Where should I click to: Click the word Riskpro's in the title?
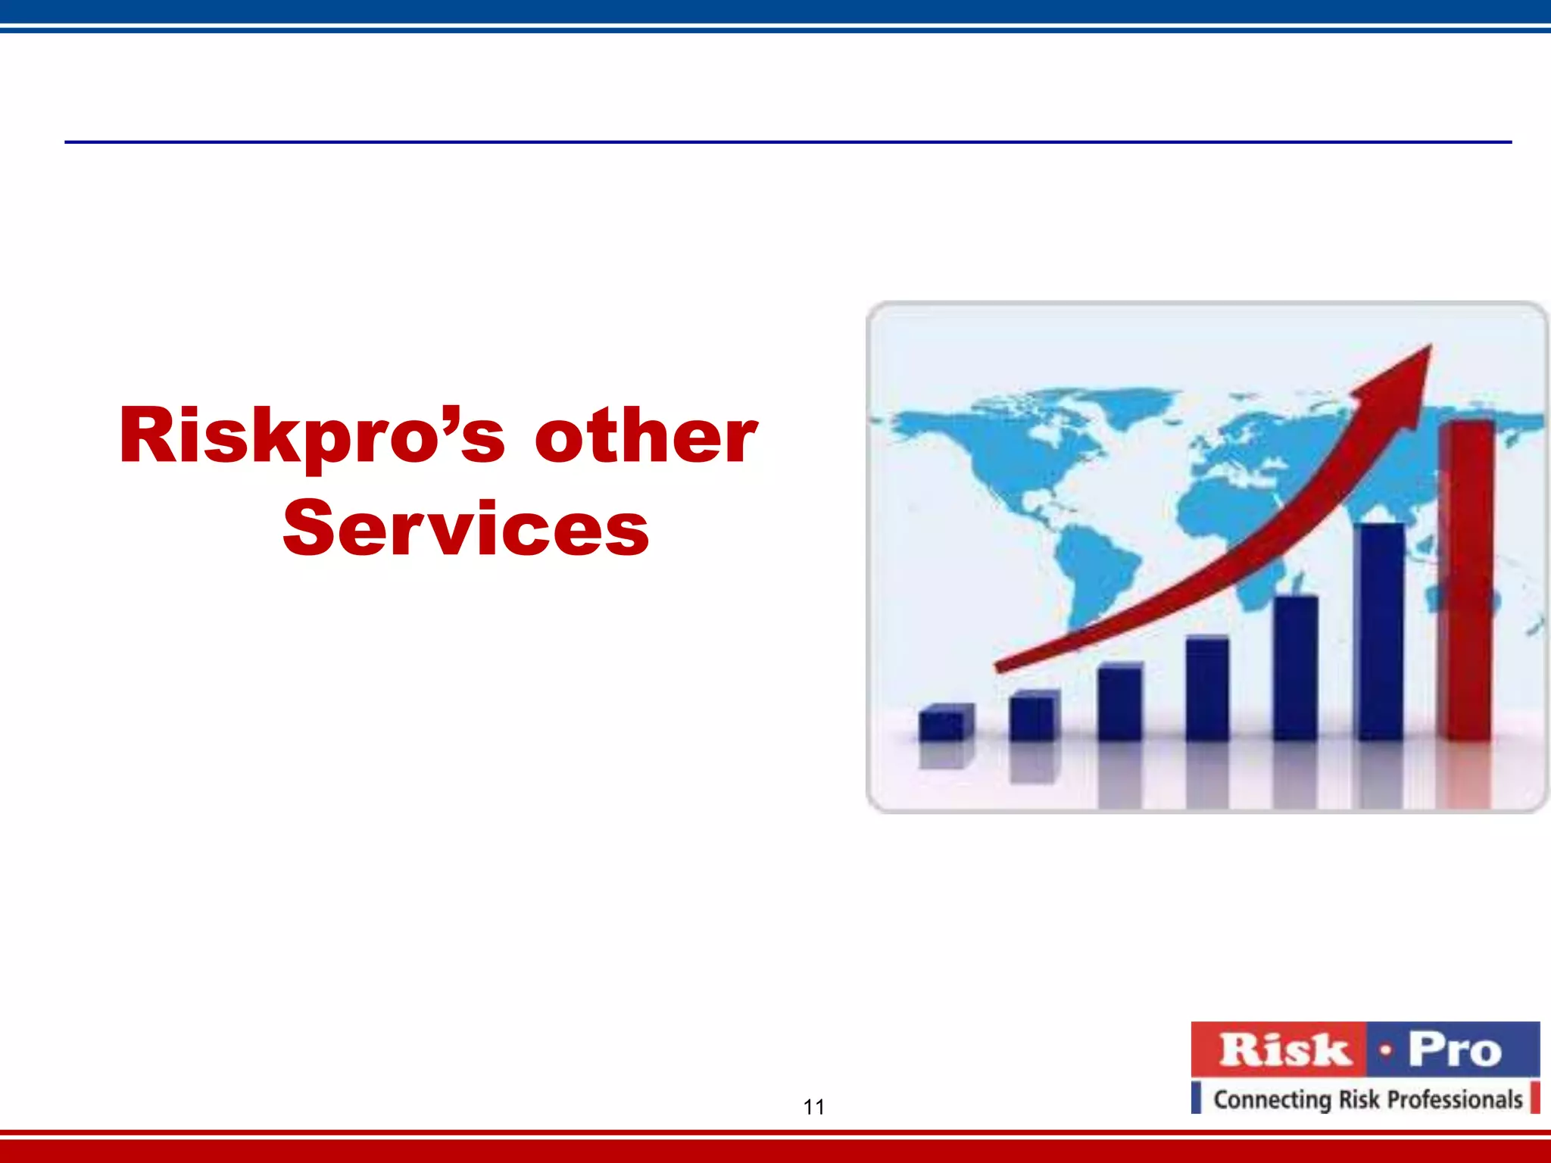pos(311,436)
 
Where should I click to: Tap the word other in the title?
pos(645,436)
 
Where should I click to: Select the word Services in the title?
pos(466,528)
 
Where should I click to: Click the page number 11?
pos(813,1107)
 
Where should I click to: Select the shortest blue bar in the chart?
pos(944,723)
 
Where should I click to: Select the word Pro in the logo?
pos(1454,1050)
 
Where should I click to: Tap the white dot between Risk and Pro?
pos(1385,1051)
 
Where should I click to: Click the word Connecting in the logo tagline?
pos(1272,1099)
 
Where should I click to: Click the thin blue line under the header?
pos(788,142)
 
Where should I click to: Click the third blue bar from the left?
pos(1119,702)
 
